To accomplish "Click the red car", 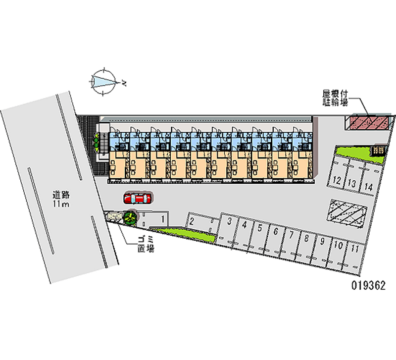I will [138, 199].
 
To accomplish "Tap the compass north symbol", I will [104, 80].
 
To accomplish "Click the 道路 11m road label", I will [62, 199].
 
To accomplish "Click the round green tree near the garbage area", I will [130, 216].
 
